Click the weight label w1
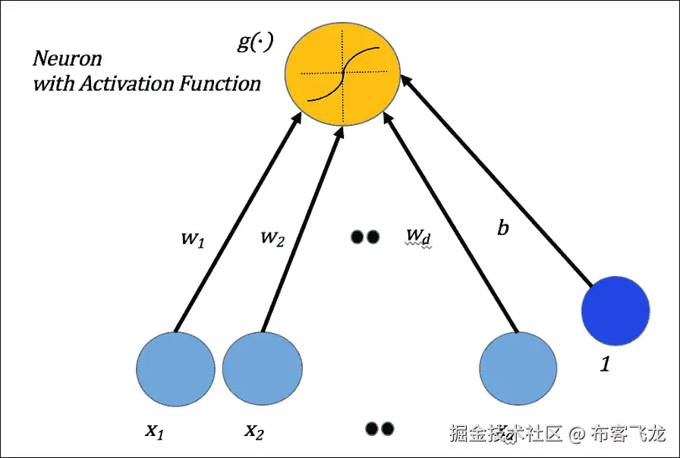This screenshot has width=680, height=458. [x=190, y=238]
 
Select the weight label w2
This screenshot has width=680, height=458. [x=272, y=237]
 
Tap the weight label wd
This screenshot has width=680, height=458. [x=418, y=237]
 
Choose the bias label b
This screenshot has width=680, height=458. [x=502, y=227]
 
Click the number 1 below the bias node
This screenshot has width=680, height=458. [x=605, y=364]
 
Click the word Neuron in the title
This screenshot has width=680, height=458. [x=67, y=58]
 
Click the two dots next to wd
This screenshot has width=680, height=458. [x=364, y=237]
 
